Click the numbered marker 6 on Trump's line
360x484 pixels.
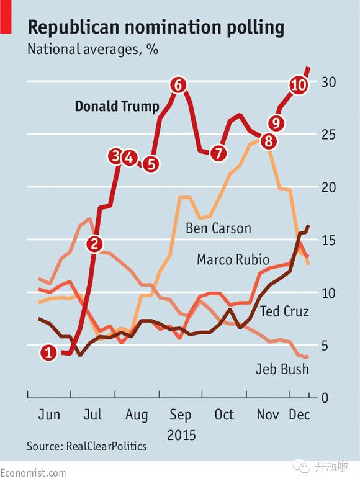click(179, 84)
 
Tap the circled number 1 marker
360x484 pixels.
click(48, 352)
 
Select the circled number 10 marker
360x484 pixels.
click(299, 84)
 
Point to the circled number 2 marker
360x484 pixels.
click(94, 244)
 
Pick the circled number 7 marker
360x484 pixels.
click(218, 153)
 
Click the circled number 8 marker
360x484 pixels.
click(269, 141)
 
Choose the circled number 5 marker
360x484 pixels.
click(151, 164)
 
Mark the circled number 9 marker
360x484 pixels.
click(276, 122)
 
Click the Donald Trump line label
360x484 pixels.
click(117, 107)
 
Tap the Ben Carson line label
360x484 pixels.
click(218, 228)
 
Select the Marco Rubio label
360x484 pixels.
click(233, 259)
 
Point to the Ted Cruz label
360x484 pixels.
click(284, 311)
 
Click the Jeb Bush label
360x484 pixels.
click(282, 369)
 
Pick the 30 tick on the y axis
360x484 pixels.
click(328, 82)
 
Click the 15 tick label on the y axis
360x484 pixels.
click(328, 240)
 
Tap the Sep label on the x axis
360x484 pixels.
click(180, 415)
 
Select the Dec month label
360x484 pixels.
click(299, 415)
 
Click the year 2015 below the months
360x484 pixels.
click(181, 435)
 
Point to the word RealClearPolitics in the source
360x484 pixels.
click(106, 446)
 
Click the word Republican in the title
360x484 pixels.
click(73, 27)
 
